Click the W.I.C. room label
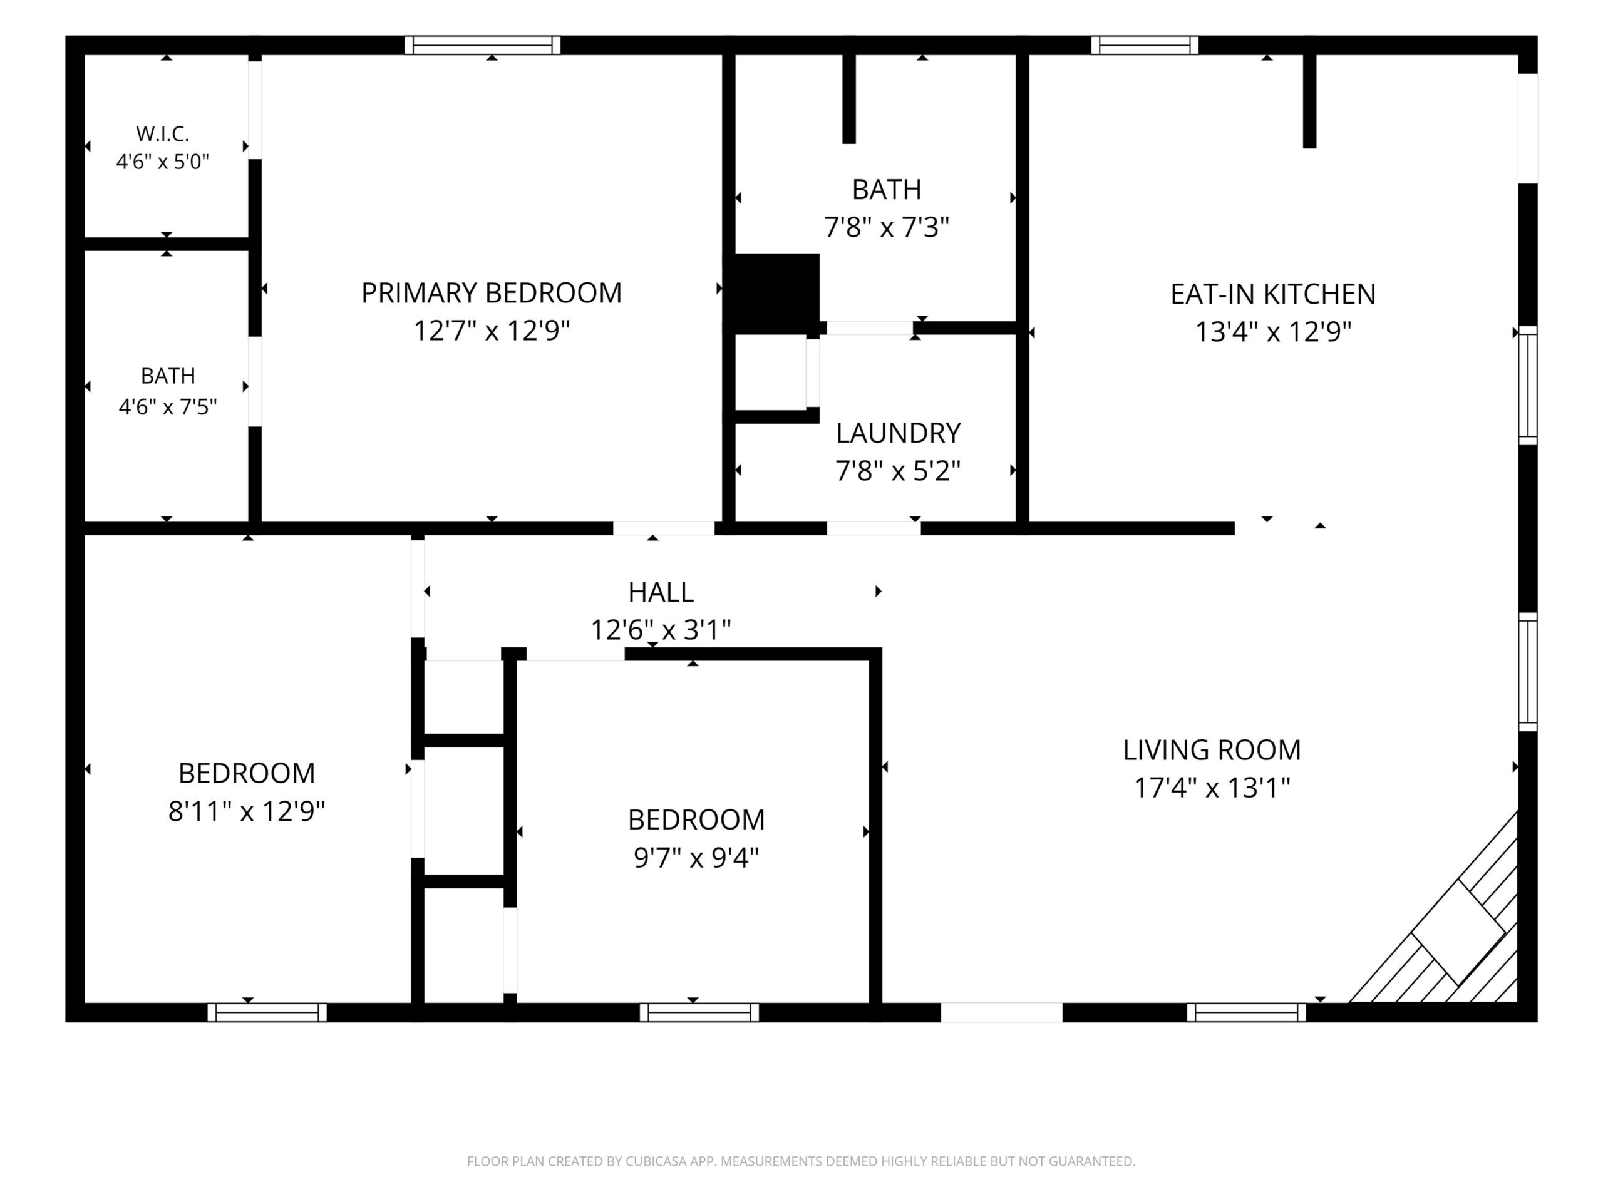[162, 134]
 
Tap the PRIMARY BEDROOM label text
[492, 293]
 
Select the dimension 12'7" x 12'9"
[492, 331]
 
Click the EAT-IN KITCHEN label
[1272, 294]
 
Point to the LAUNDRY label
[898, 433]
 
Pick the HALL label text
[660, 593]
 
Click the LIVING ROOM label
[1212, 750]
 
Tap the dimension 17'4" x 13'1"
[1212, 788]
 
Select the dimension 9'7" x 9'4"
[696, 858]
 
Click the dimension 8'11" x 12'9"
[246, 811]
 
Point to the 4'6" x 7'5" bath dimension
[167, 407]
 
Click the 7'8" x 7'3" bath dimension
[886, 227]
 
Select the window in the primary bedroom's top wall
[483, 45]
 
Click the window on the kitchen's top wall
[1144, 45]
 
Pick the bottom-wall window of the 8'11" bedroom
[267, 1012]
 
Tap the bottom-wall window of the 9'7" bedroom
[699, 1012]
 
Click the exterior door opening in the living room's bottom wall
[1001, 1012]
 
